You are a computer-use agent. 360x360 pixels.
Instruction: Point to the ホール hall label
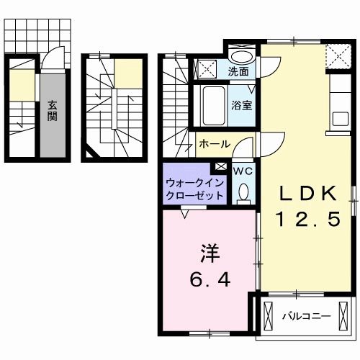(215, 143)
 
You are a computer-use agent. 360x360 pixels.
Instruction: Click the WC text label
(243, 171)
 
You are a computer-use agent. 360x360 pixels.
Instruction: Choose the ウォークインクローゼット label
(194, 189)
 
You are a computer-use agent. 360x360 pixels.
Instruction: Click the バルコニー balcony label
(306, 315)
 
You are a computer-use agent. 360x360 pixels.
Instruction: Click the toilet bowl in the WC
(243, 191)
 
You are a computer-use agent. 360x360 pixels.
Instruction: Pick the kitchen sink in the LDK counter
(340, 117)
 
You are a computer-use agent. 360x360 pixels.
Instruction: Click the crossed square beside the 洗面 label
(208, 70)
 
